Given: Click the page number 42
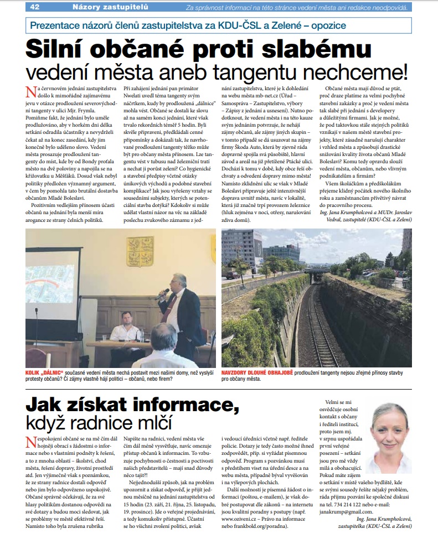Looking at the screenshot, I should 34,7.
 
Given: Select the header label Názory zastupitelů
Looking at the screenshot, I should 103,7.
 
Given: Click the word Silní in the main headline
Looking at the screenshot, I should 67,50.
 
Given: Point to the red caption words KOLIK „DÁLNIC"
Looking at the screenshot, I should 46,371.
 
